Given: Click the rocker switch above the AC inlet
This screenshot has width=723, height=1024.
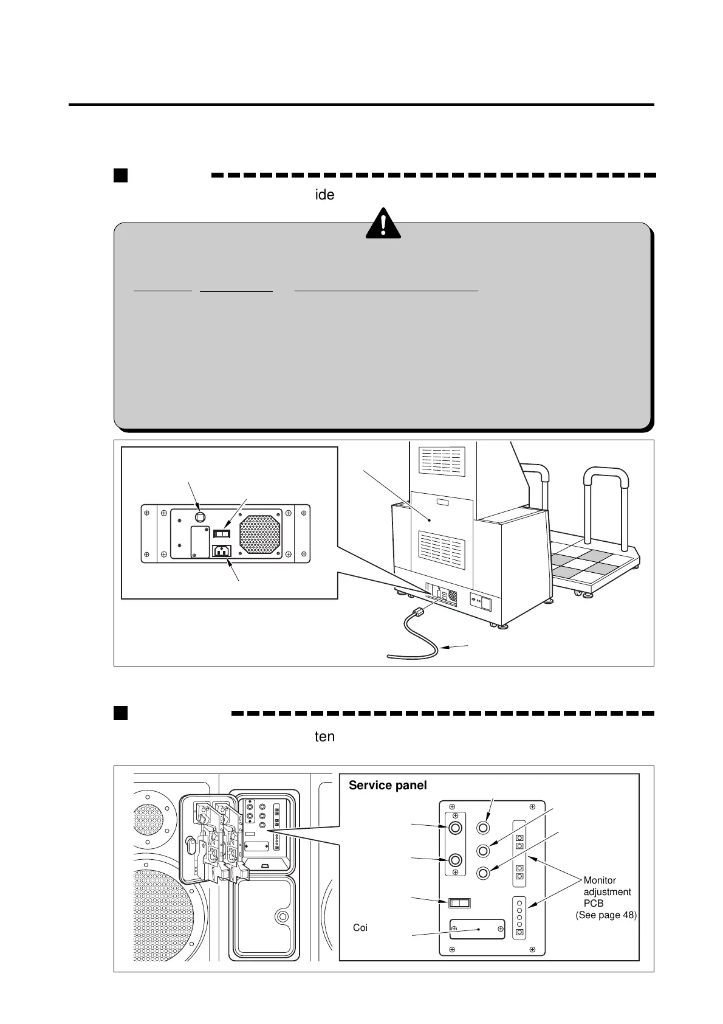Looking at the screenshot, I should [222, 533].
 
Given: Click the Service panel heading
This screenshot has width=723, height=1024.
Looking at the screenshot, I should [388, 785].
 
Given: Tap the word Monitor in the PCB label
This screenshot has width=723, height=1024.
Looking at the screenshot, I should [600, 880].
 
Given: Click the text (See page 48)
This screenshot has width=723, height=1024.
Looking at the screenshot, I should [606, 915].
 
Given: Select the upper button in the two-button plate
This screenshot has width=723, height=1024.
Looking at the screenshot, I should [455, 828].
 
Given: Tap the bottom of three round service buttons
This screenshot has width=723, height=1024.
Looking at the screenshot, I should [484, 873].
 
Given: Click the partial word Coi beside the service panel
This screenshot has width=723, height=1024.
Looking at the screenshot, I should [360, 928].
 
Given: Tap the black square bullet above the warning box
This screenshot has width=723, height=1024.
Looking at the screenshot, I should [120, 176].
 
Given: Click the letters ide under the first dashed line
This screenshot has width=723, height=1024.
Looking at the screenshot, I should [324, 195].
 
